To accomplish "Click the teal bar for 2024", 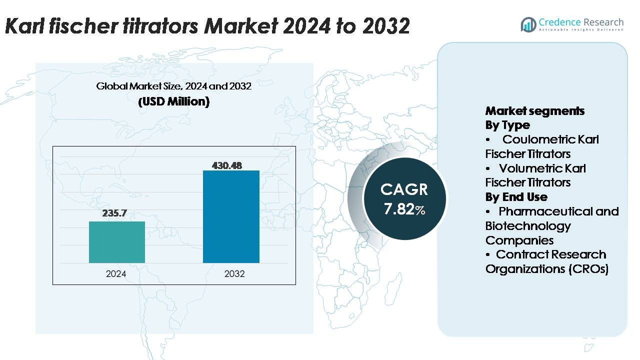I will (117, 242).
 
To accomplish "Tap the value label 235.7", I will (114, 213).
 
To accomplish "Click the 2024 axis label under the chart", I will (116, 274).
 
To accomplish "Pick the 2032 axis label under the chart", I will (234, 274).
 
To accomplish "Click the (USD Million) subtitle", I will (173, 101).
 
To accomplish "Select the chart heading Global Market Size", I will (173, 86).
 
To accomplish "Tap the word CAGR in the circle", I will (404, 189).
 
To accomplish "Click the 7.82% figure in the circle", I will (404, 209).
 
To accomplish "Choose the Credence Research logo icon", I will (528, 24).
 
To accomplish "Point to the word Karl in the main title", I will (22, 26).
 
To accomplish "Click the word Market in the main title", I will (237, 26).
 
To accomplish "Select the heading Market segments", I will (535, 110).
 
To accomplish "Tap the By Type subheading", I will (507, 125).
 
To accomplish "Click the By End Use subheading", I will (516, 196).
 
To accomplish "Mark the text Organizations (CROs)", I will (547, 268).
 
